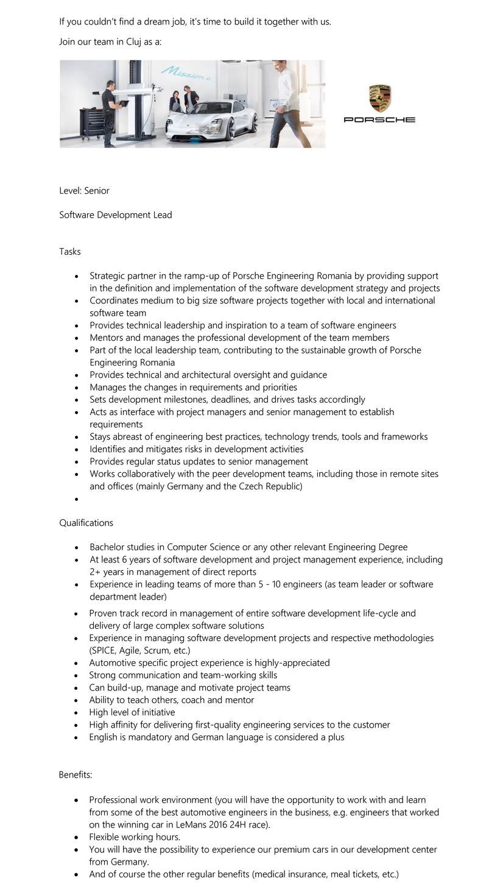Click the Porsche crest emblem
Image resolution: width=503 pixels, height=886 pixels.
pyautogui.click(x=379, y=98)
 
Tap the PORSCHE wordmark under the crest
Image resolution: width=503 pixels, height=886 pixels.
pyautogui.click(x=379, y=120)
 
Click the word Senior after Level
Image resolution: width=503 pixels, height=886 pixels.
pyautogui.click(x=97, y=191)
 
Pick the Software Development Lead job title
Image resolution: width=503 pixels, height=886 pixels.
pyautogui.click(x=116, y=215)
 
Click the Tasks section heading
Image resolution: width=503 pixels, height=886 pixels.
pyautogui.click(x=70, y=252)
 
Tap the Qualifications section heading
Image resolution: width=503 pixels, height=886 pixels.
pyautogui.click(x=86, y=523)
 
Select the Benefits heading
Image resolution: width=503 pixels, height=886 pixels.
pyautogui.click(x=76, y=775)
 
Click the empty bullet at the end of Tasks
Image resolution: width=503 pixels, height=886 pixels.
pyautogui.click(x=77, y=499)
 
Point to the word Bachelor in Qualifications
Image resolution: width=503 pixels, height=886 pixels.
pyautogui.click(x=108, y=547)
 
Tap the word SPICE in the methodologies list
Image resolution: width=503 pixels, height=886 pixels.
pyautogui.click(x=105, y=651)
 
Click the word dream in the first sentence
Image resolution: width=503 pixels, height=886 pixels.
pyautogui.click(x=155, y=22)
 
